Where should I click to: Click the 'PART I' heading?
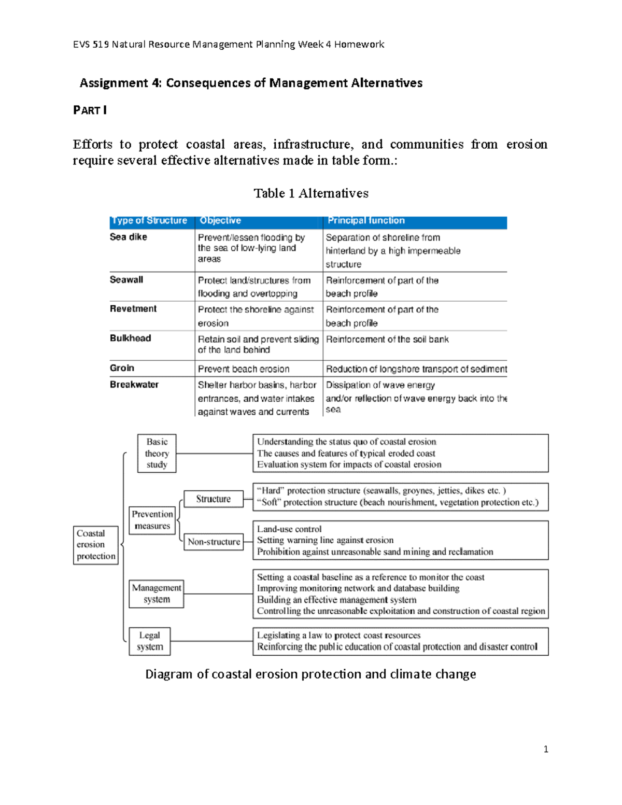(x=90, y=110)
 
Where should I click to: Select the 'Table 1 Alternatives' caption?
(x=311, y=193)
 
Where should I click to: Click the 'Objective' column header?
(x=220, y=221)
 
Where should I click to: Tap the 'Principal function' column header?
(x=366, y=221)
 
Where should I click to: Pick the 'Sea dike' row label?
(x=129, y=237)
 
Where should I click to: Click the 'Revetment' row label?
(x=133, y=309)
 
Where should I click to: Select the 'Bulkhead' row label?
(x=130, y=338)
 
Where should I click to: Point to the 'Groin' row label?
(x=122, y=368)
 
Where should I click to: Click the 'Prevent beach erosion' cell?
(x=244, y=369)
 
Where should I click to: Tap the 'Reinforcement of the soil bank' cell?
(x=387, y=340)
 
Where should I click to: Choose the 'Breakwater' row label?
(x=134, y=385)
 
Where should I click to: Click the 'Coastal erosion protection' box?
(x=95, y=545)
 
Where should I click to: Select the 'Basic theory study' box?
(x=157, y=454)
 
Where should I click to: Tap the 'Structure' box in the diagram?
(x=213, y=499)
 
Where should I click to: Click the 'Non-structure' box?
(x=214, y=542)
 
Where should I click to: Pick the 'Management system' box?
(x=156, y=594)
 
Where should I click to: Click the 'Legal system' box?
(x=150, y=641)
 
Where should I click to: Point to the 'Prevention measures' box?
(x=152, y=520)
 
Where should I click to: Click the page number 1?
(x=546, y=749)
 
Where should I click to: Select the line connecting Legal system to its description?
(x=211, y=641)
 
